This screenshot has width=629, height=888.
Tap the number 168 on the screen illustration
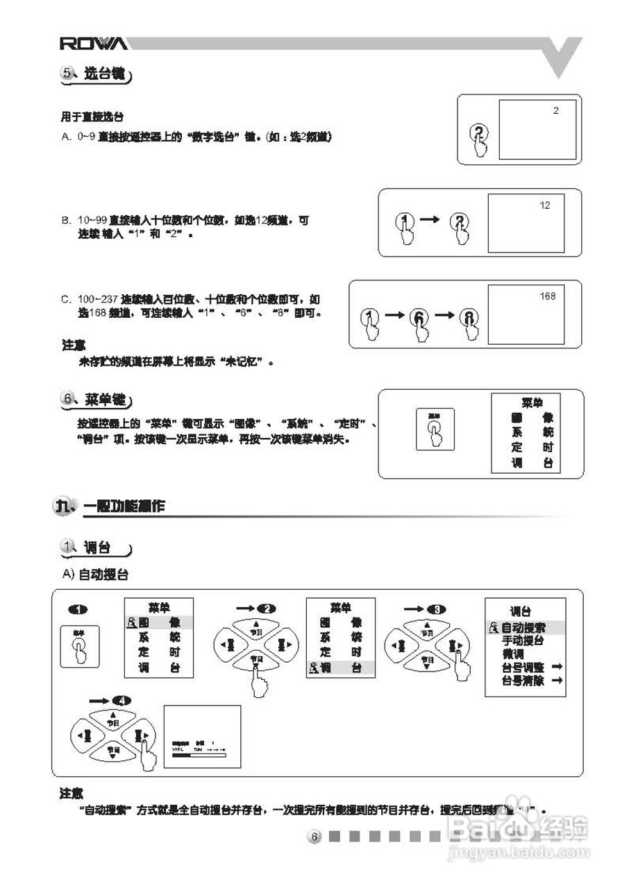547,297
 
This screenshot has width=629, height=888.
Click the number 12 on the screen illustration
544,205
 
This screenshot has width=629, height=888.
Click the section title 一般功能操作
124,506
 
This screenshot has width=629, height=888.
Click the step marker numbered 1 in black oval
78,609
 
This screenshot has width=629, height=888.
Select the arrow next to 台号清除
556,681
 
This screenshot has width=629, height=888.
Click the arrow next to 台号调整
556,667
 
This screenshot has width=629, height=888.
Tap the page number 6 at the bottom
314,837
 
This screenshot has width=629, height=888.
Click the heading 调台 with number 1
97,548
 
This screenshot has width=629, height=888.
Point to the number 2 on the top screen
555,110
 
